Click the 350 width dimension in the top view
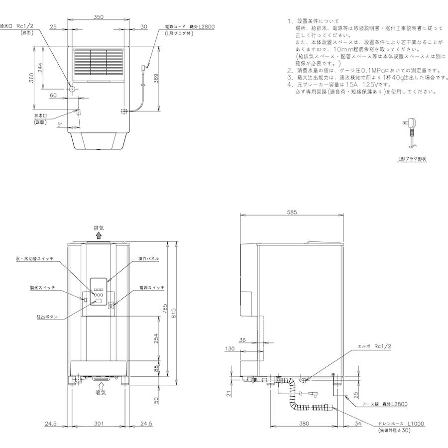(x=98, y=17)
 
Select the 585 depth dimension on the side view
(x=292, y=212)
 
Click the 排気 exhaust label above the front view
(x=99, y=228)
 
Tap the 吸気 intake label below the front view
(x=101, y=392)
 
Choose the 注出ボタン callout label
(x=47, y=317)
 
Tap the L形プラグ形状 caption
(x=412, y=158)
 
